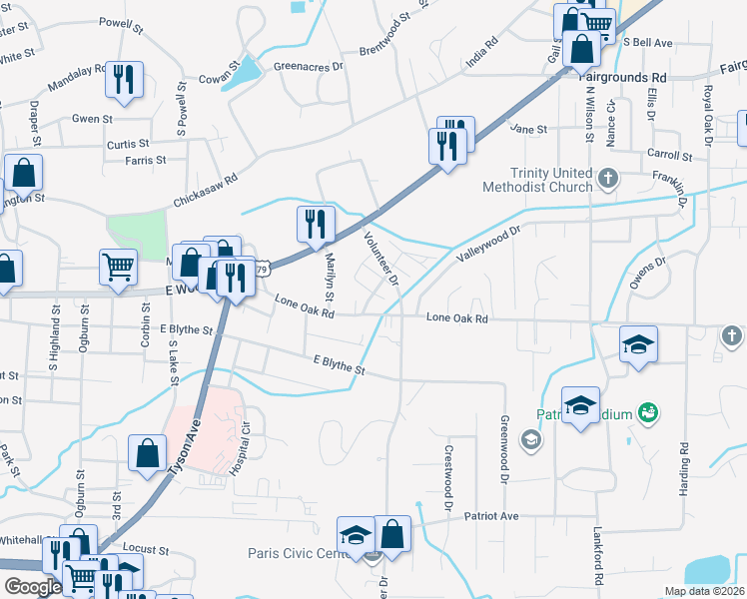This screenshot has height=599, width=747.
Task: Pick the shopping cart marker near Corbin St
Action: [x=118, y=268]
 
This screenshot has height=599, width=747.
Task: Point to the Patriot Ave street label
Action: [x=496, y=516]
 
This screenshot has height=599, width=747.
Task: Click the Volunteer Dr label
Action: [x=381, y=258]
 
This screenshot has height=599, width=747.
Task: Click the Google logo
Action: [x=33, y=587]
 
